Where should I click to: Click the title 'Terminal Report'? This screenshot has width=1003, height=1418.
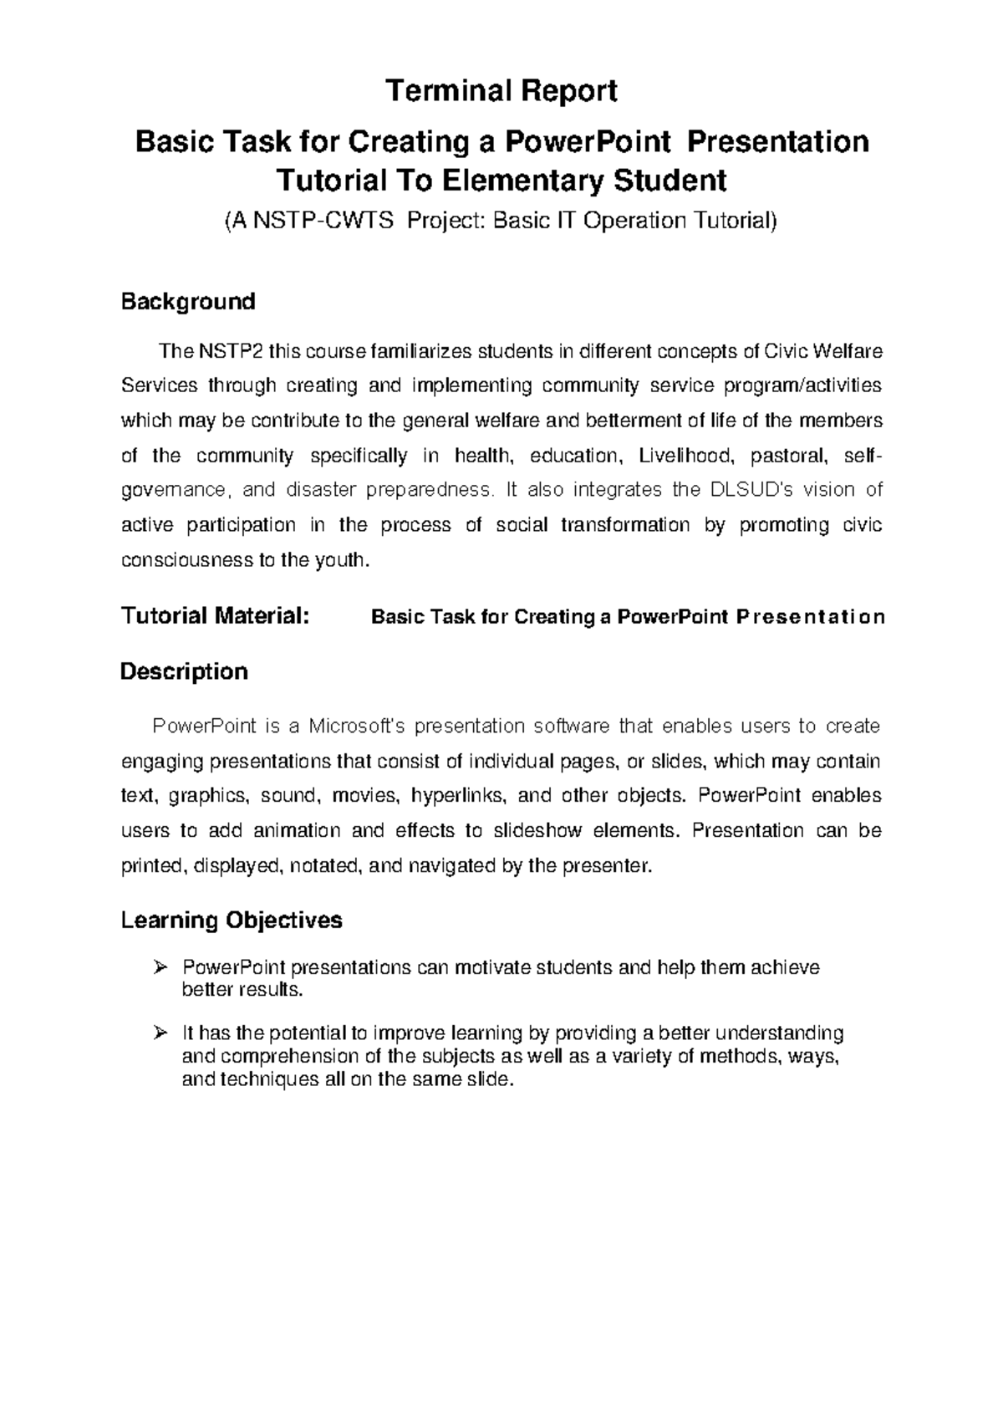coord(501,90)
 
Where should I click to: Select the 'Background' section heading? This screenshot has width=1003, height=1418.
coord(188,301)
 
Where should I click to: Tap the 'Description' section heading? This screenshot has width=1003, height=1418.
coord(184,671)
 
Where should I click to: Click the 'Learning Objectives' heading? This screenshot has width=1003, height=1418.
coord(232,921)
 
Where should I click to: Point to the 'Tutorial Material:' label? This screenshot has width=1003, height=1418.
coord(216,617)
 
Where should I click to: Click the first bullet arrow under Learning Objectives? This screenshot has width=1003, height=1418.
coord(161,968)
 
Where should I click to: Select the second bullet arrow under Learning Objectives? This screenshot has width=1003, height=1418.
coord(161,1033)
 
